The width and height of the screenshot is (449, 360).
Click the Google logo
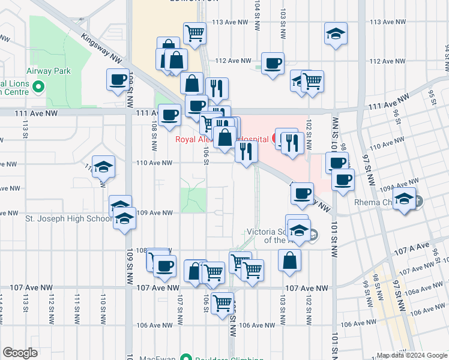point(20,353)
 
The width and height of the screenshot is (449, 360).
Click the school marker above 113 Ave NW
point(336,34)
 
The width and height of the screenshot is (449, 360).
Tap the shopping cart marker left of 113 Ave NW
point(194,34)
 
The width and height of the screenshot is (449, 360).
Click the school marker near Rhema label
point(405,200)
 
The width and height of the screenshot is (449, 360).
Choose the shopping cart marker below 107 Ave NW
point(223,302)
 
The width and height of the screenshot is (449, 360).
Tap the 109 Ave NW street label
point(155,212)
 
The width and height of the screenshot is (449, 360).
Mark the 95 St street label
point(430,95)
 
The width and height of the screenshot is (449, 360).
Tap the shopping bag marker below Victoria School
point(289,261)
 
